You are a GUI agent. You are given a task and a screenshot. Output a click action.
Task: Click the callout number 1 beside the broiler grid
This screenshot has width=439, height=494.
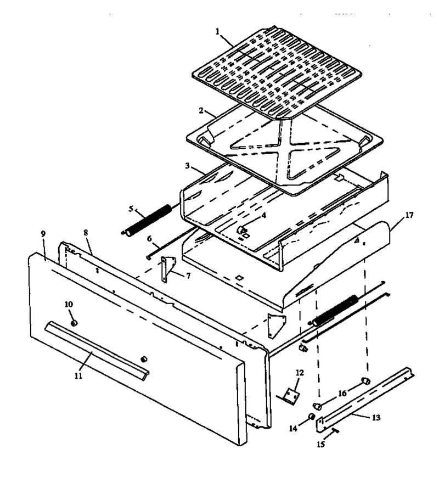(x=217, y=31)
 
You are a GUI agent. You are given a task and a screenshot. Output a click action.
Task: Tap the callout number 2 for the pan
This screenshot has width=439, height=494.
(x=201, y=110)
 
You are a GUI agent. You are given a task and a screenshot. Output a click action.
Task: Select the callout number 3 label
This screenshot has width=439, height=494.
(x=187, y=166)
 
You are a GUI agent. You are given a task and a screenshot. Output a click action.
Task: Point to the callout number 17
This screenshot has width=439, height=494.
(x=409, y=215)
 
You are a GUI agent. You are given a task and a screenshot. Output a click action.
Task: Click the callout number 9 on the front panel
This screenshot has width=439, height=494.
(x=43, y=234)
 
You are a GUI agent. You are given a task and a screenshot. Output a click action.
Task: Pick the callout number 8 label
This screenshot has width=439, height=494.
(x=86, y=233)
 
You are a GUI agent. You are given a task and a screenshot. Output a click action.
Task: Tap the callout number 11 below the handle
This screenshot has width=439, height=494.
(x=78, y=375)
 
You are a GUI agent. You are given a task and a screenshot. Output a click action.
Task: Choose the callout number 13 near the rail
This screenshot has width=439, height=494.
(x=376, y=418)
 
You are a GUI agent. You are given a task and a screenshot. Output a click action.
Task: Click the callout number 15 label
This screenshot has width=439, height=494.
(x=320, y=444)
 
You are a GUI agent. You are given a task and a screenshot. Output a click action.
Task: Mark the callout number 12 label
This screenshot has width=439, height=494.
(x=300, y=373)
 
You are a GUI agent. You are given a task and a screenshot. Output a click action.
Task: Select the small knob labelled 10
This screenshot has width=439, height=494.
(x=74, y=323)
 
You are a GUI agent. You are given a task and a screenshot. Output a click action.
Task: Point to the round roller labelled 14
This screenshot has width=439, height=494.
(x=312, y=417)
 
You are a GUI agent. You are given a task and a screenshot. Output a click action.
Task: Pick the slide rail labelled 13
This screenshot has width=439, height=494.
(x=365, y=400)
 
